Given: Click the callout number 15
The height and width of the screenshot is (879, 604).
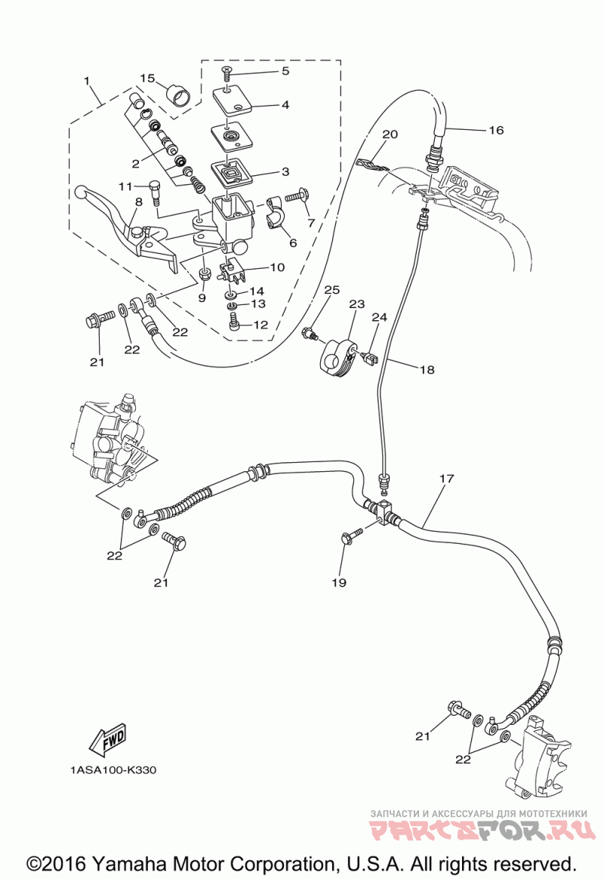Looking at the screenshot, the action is click(x=146, y=79).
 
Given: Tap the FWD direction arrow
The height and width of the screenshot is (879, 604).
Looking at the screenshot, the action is click(x=108, y=739).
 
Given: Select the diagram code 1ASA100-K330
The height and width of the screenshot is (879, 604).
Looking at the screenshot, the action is click(x=113, y=770).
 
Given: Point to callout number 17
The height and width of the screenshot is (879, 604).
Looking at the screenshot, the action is click(x=446, y=479).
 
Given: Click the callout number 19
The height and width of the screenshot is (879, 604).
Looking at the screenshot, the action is click(x=339, y=582).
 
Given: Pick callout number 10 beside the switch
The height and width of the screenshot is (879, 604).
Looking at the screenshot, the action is click(x=277, y=267).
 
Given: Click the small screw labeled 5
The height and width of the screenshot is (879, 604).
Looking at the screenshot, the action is click(x=226, y=73).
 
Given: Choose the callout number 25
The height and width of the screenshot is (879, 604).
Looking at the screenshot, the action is click(x=332, y=289).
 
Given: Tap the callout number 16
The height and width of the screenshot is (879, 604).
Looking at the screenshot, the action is click(x=497, y=130).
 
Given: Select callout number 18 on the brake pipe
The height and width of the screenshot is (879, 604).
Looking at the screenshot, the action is click(x=427, y=369).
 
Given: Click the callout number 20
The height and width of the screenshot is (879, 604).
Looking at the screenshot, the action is click(x=390, y=134).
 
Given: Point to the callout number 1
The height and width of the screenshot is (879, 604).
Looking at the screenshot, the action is click(x=87, y=81).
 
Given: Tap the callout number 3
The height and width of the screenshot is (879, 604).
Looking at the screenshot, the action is click(x=285, y=171).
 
